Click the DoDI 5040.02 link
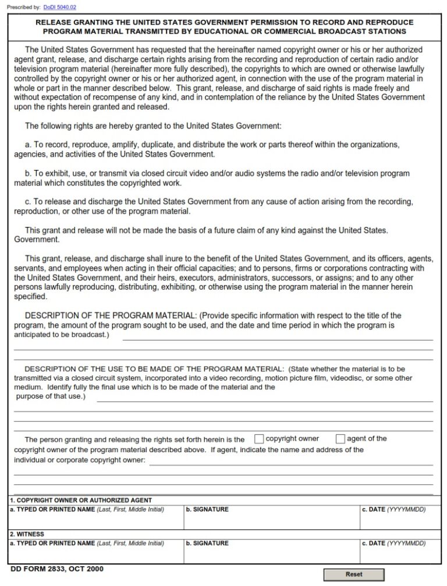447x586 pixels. tap(60, 7)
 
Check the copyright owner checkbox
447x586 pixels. tap(259, 439)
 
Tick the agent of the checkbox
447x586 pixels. tap(340, 439)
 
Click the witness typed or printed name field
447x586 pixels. tap(96, 555)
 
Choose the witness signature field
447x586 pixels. tap(271, 555)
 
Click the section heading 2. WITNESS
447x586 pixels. tap(27, 534)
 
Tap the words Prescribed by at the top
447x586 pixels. tap(24, 7)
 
